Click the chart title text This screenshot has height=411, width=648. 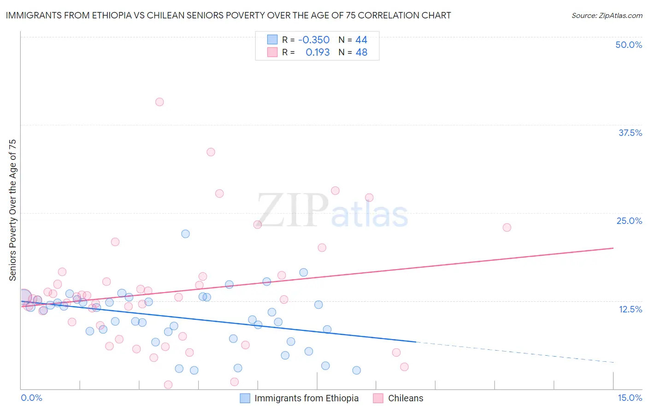(x=228, y=15)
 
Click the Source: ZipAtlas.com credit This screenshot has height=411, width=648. (x=607, y=15)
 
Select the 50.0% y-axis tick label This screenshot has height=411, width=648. (x=628, y=45)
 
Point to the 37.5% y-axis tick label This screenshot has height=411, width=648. (x=630, y=133)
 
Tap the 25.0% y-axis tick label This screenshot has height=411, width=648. (x=629, y=221)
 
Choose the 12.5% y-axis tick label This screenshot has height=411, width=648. (x=630, y=309)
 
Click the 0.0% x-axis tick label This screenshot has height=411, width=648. (x=31, y=398)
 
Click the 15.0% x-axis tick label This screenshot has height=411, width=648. (x=630, y=398)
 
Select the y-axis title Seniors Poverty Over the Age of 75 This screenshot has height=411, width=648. (x=13, y=210)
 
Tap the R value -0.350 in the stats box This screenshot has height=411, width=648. (x=314, y=40)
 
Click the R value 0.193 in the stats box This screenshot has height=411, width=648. (x=318, y=53)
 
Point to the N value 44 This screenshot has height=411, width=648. (x=361, y=40)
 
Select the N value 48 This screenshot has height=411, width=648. (x=361, y=53)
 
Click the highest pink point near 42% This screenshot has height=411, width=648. (x=159, y=102)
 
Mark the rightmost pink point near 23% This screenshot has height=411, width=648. (x=507, y=227)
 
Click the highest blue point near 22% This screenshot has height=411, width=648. (x=185, y=234)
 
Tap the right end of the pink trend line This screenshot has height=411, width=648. (x=613, y=248)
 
